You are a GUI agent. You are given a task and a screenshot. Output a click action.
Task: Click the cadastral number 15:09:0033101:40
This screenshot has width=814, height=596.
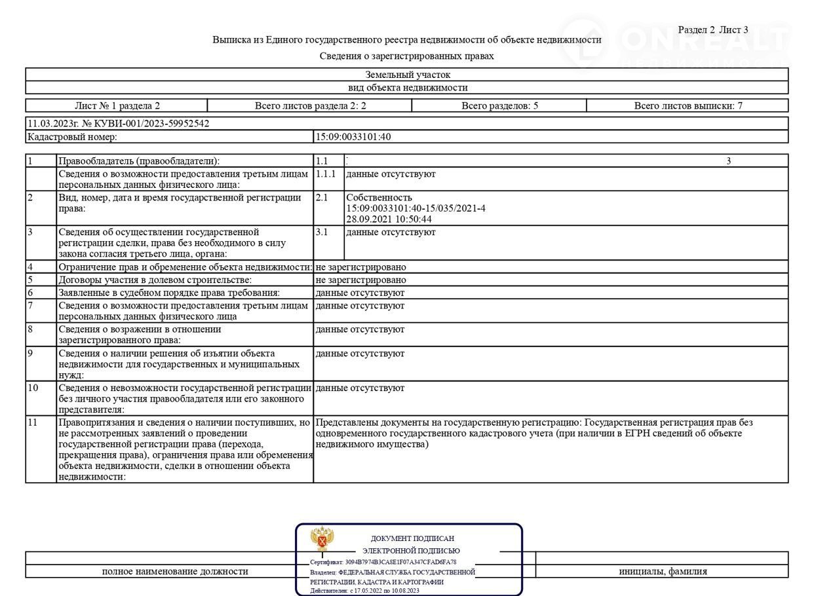click(x=354, y=137)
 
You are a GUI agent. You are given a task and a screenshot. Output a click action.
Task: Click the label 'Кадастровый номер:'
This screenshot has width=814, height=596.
click(x=72, y=137)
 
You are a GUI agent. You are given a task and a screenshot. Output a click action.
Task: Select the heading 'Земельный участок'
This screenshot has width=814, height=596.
click(x=407, y=75)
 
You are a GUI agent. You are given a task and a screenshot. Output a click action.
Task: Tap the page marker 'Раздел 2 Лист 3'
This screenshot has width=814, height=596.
click(x=712, y=29)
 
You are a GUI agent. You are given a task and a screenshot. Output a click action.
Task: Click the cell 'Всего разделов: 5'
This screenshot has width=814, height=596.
click(x=499, y=105)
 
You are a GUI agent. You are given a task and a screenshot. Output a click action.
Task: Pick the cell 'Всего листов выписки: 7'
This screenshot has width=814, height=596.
click(x=688, y=105)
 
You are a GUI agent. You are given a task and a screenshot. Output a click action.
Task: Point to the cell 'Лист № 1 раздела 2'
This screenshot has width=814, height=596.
click(x=117, y=105)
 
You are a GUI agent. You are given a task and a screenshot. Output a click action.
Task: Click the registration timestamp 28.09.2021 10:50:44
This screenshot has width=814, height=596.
click(x=389, y=219)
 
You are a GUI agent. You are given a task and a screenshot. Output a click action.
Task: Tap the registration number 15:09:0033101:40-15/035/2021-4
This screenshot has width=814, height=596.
click(x=416, y=208)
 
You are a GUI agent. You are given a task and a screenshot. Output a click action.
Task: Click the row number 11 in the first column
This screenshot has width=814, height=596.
click(x=33, y=422)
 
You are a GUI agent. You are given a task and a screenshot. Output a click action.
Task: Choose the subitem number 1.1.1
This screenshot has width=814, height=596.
click(x=325, y=174)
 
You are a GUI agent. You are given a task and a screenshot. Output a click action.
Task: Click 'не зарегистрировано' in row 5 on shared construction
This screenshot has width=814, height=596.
click(x=360, y=280)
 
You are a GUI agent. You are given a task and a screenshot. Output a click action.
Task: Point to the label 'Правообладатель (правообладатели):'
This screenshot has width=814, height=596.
click(x=140, y=161)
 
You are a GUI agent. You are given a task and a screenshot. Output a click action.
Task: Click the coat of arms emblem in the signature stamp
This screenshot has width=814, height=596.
click(x=322, y=539)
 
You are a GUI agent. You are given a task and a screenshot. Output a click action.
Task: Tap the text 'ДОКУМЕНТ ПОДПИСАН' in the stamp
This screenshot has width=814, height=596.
click(x=412, y=538)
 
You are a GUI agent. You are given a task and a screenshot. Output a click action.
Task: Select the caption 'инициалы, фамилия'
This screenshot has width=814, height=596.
click(x=663, y=571)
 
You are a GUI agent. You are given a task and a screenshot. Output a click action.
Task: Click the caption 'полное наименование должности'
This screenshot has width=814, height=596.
click(x=175, y=571)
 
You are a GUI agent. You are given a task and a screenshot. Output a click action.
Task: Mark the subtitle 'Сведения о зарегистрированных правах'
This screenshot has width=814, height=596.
click(x=406, y=56)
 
